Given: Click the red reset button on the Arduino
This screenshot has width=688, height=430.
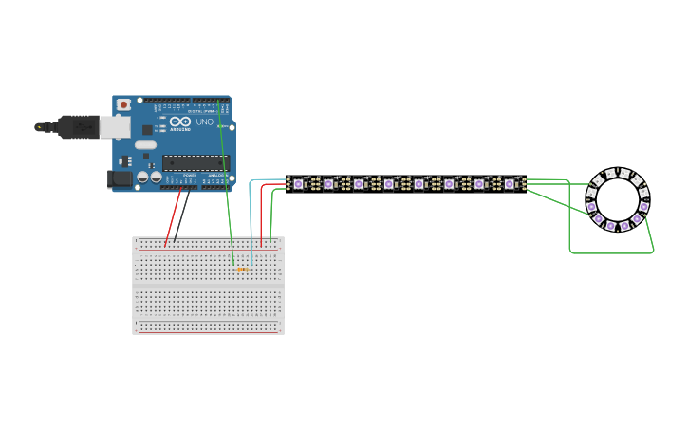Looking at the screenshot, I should [x=124, y=104].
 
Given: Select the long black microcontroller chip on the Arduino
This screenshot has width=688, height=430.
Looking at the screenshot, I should [x=195, y=162].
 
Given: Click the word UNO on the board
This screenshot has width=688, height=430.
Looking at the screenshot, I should [x=206, y=122].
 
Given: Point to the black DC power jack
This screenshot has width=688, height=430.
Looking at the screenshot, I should [x=120, y=178].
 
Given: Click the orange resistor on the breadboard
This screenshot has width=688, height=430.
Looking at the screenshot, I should [x=242, y=270].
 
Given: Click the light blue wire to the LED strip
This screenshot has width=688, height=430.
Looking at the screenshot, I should [x=251, y=209].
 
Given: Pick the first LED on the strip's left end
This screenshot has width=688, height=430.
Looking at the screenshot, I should [x=298, y=183].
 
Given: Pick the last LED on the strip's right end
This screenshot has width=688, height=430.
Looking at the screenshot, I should [x=510, y=183].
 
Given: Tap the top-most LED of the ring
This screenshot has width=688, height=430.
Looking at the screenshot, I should [x=618, y=173].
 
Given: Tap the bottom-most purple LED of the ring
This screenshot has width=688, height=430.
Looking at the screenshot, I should [x=611, y=226].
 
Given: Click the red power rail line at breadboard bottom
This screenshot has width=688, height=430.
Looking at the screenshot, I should [x=209, y=332].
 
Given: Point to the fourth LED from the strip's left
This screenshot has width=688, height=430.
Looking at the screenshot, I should [x=388, y=183].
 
